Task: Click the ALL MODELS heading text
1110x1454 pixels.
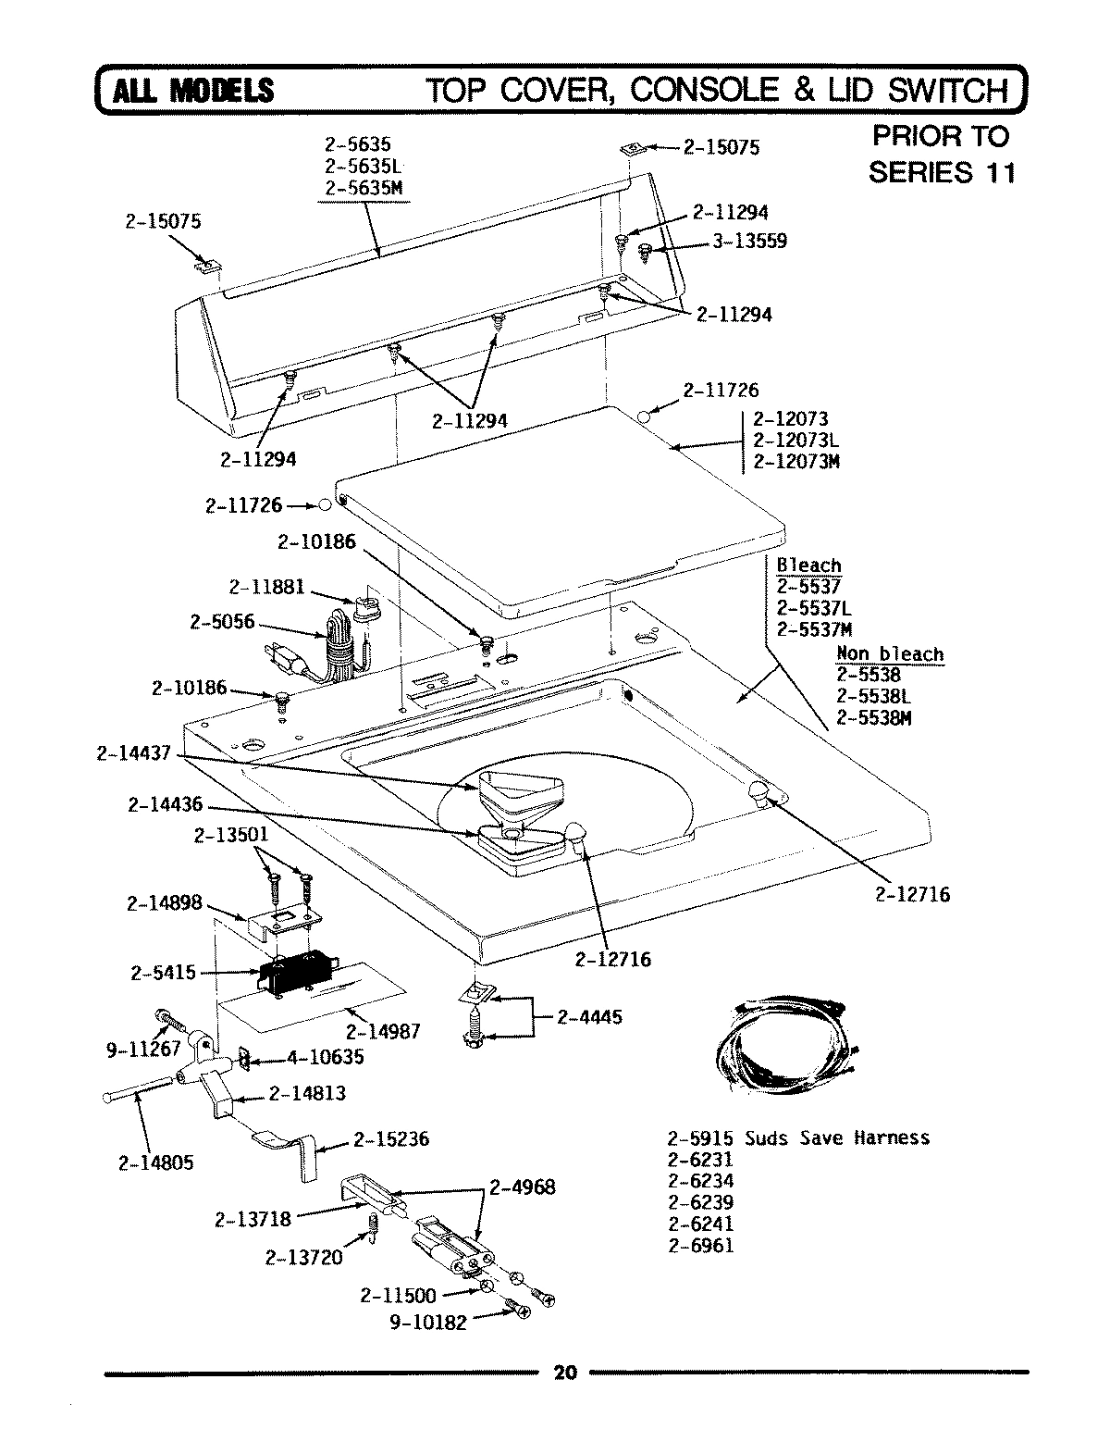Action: [x=192, y=90]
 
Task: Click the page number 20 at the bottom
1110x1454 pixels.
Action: [x=563, y=1373]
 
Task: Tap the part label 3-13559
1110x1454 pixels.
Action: [x=749, y=242]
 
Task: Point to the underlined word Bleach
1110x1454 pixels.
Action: [x=808, y=565]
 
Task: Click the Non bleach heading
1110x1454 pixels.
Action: [x=890, y=654]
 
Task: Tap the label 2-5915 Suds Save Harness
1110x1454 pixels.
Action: [x=797, y=1137]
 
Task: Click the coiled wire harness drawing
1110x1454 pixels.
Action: [x=789, y=1045]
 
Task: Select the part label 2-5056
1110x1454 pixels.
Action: [x=222, y=622]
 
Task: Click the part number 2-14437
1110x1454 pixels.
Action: [x=133, y=753]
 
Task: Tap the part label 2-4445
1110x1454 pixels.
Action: [x=590, y=1017]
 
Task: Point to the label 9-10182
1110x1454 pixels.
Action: [x=428, y=1323]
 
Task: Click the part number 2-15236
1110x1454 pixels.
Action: [x=391, y=1139]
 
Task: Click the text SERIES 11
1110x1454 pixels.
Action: [x=941, y=173]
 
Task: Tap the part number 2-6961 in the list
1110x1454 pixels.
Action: [x=700, y=1245]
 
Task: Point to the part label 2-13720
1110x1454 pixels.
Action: [x=303, y=1257]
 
